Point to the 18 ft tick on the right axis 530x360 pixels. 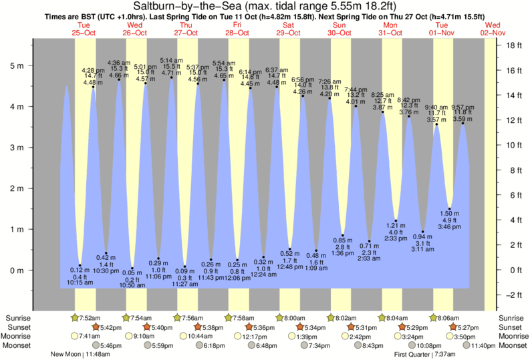511,45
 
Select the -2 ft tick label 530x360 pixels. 512,295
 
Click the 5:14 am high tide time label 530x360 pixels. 172,60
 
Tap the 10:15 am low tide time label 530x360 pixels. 80,283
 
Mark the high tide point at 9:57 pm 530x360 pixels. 463,123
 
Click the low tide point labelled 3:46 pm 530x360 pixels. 450,208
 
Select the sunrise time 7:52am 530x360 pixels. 91,317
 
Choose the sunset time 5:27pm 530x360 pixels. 468,327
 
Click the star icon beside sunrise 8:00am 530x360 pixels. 281,317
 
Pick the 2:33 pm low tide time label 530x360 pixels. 396,238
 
